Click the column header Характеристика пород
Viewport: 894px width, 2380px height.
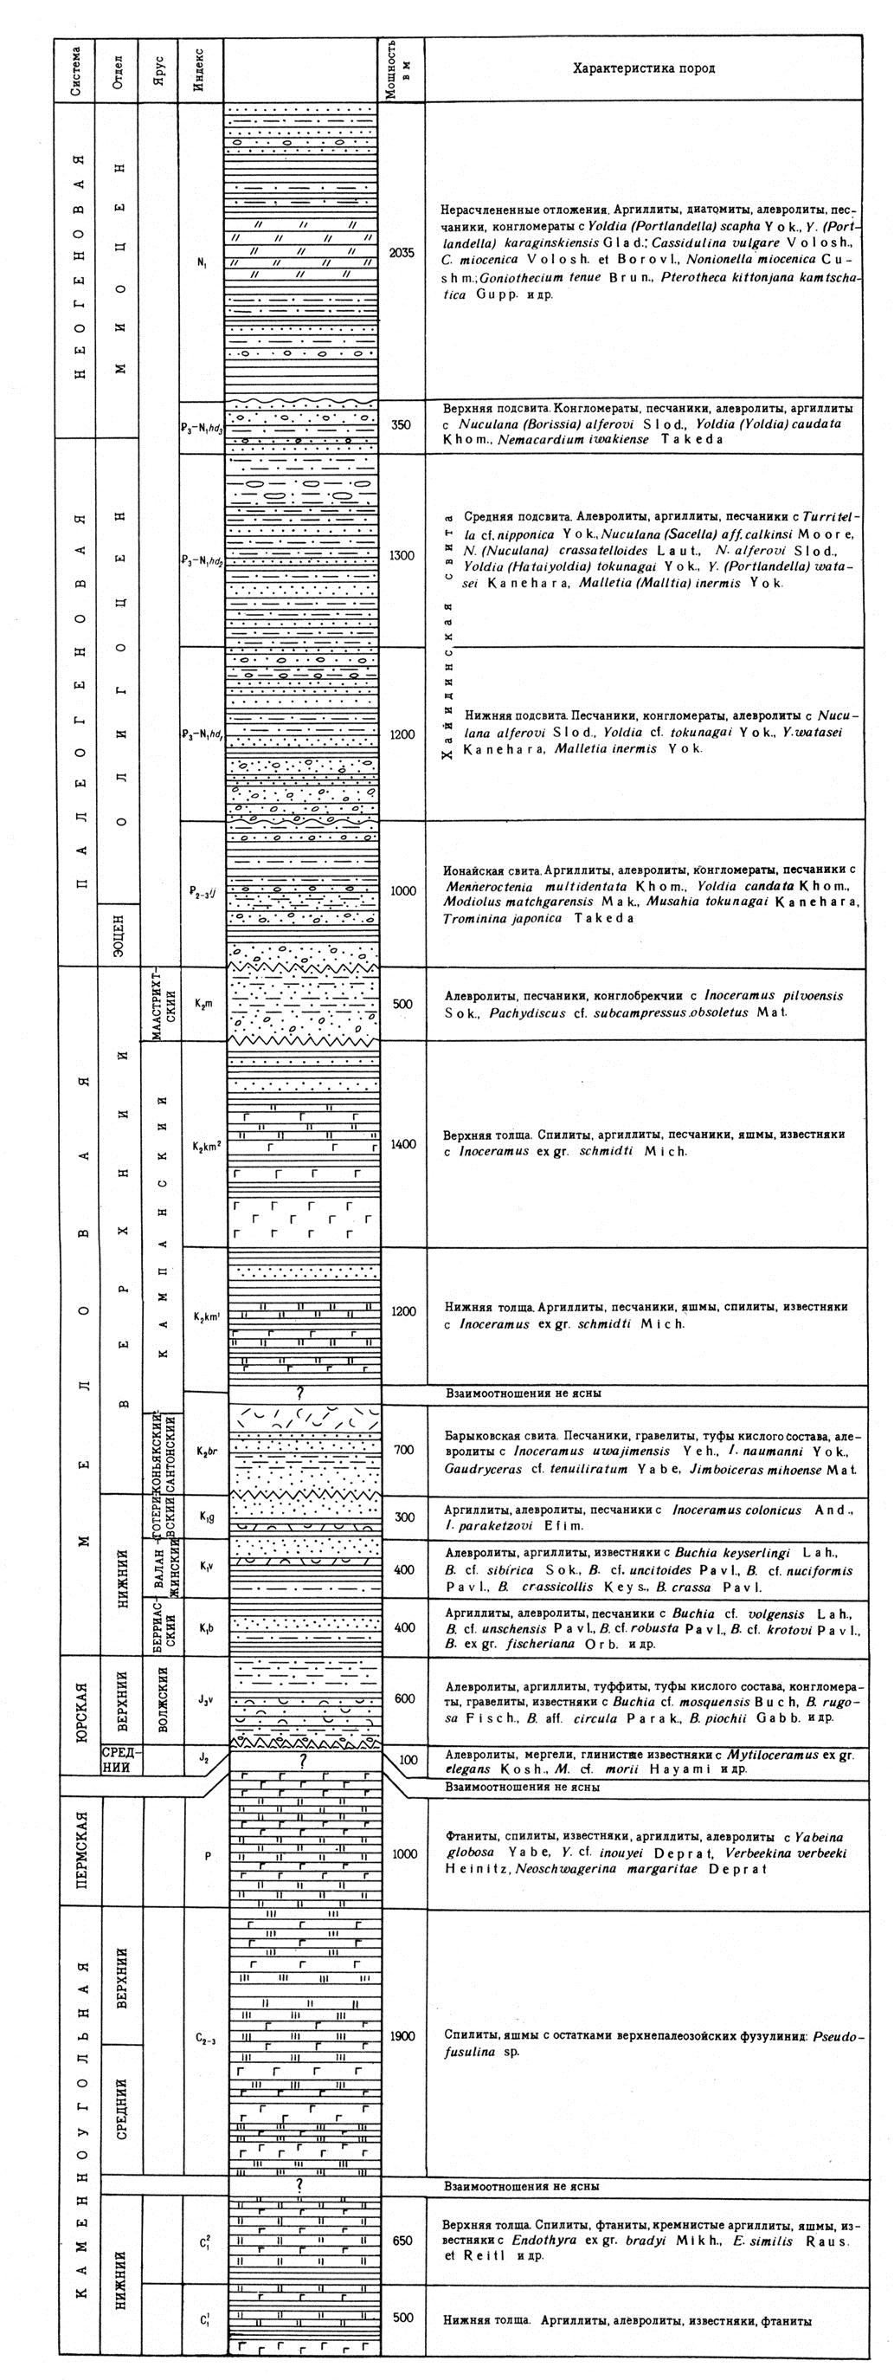[643, 68]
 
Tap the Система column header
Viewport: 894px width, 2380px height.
[79, 69]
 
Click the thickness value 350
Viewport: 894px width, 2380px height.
[402, 425]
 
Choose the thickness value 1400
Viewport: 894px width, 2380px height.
[402, 1144]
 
